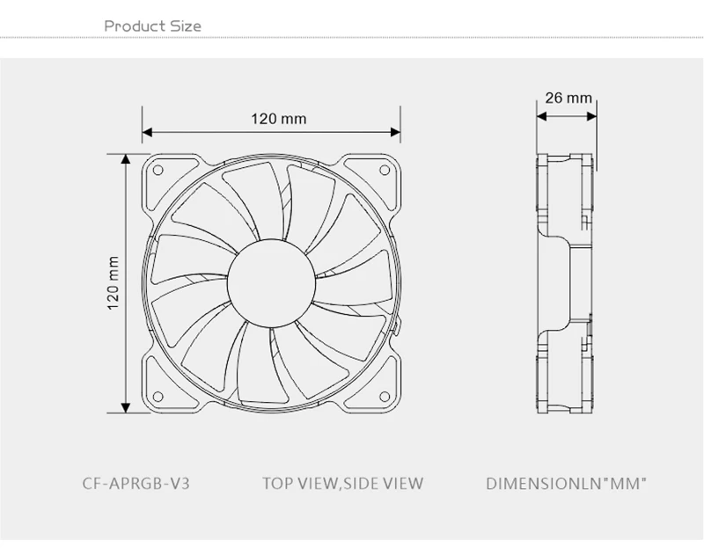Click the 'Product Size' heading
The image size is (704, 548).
(x=152, y=26)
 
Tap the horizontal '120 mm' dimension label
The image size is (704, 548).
(x=278, y=119)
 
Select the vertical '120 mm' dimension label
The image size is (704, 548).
(x=114, y=282)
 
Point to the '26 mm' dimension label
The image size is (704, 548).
(x=568, y=98)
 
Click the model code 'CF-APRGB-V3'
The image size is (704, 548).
(x=136, y=484)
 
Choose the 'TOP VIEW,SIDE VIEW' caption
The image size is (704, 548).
(x=342, y=484)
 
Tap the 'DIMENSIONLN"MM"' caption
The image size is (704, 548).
(x=567, y=484)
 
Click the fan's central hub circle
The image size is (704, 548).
(x=271, y=282)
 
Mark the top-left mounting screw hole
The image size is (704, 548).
(x=158, y=170)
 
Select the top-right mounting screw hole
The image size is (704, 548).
(x=385, y=170)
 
